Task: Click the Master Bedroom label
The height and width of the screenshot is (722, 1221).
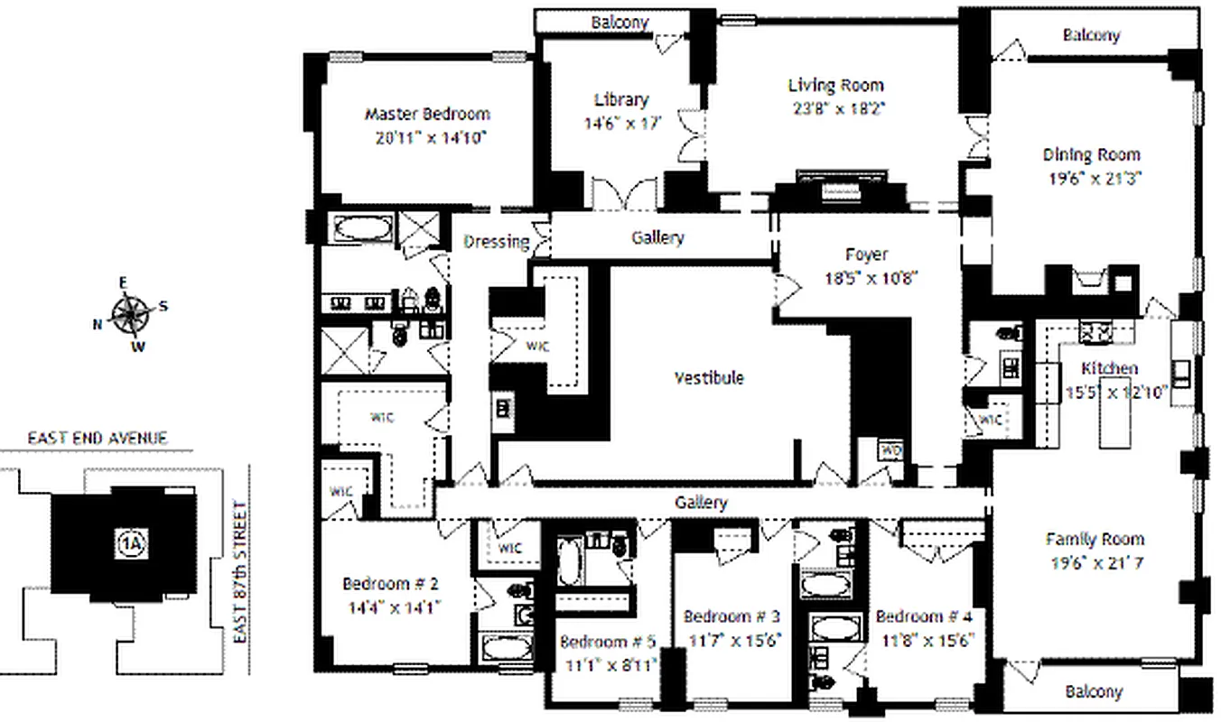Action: [427, 115]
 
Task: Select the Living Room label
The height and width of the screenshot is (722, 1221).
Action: [835, 86]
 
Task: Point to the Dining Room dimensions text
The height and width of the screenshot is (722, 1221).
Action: [1095, 178]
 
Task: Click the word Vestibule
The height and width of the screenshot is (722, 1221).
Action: [709, 377]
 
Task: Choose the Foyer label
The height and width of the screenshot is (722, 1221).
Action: [866, 255]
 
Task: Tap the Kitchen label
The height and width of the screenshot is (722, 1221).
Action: [1110, 368]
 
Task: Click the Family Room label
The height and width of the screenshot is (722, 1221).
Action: [1095, 540]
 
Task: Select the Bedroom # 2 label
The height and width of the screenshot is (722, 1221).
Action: [390, 583]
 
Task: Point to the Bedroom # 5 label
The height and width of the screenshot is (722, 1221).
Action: [608, 643]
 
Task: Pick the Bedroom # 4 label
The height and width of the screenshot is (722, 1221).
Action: [924, 617]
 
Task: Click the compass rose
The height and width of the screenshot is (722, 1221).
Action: [132, 314]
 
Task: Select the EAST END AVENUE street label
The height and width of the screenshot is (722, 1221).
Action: [97, 439]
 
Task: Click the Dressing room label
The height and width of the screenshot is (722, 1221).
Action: [496, 241]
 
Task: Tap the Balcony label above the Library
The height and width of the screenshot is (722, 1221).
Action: [620, 22]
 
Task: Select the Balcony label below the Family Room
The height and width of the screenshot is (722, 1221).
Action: [1093, 692]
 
